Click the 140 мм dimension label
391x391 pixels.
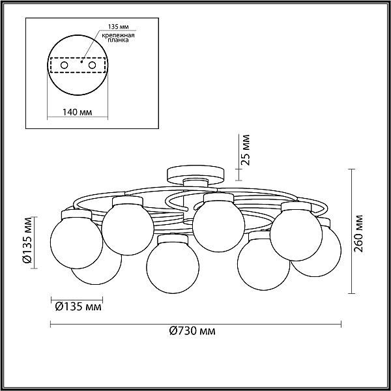(77, 112)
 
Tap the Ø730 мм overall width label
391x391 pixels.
(192, 331)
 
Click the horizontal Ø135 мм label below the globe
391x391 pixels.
(78, 306)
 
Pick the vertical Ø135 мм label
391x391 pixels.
(27, 240)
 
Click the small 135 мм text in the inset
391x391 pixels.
(118, 27)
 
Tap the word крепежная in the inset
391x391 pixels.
(118, 35)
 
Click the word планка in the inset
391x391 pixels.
(118, 40)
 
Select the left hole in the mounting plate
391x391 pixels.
(65, 65)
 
